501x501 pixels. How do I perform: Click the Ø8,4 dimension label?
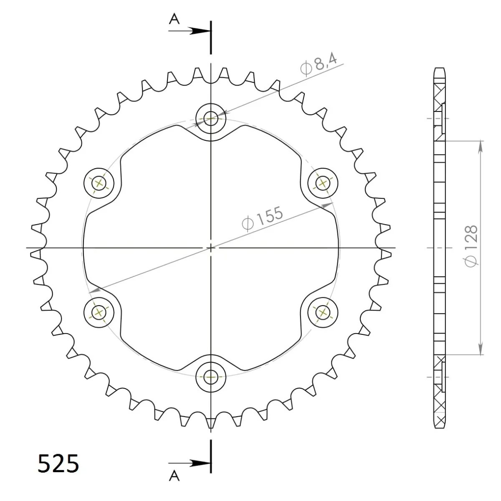pyautogui.click(x=319, y=64)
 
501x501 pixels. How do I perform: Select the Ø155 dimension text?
pyautogui.click(x=262, y=218)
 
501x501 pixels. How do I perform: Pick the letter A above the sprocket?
pyautogui.click(x=174, y=19)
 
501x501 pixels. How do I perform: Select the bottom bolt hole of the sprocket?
pyautogui.click(x=211, y=377)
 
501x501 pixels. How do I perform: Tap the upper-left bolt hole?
pyautogui.click(x=99, y=183)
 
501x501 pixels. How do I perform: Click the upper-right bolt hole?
pyautogui.click(x=323, y=183)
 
